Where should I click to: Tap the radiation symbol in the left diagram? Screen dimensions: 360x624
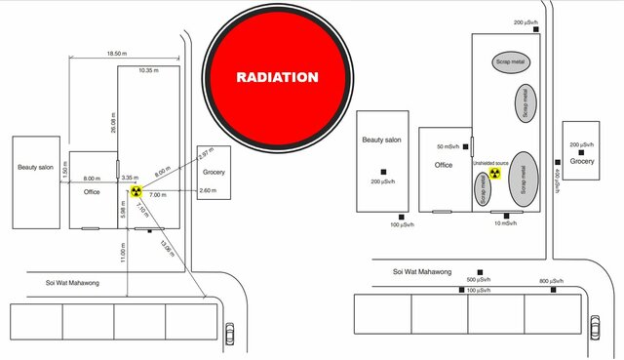136,193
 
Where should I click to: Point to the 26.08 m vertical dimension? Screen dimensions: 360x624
113,119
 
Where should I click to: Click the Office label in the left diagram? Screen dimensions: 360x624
92,192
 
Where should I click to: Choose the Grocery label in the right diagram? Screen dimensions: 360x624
582,162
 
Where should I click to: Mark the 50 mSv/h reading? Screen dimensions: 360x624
451,146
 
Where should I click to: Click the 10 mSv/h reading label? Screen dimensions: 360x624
507,223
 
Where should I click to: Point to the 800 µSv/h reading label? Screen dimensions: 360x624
552,280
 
